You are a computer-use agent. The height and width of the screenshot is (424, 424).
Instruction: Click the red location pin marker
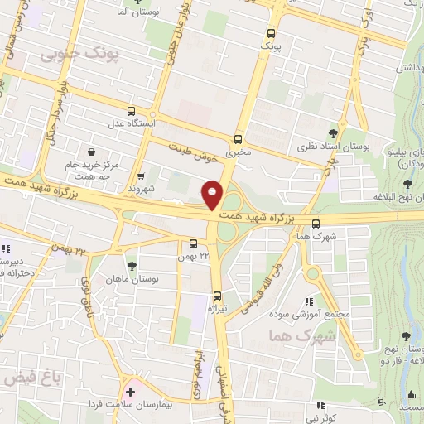213,195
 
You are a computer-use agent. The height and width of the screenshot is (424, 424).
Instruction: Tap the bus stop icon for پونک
272,34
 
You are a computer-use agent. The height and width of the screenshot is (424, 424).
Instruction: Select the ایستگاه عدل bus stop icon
131,111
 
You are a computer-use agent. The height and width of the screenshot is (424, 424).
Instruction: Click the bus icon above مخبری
238,139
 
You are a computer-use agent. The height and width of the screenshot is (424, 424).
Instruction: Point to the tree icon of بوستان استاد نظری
333,132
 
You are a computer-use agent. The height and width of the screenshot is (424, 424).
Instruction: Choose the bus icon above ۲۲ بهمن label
193,243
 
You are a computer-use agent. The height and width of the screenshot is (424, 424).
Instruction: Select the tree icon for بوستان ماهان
131,267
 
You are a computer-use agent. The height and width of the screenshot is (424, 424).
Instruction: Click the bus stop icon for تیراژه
217,296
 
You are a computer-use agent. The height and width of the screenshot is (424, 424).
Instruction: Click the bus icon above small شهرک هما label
316,223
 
